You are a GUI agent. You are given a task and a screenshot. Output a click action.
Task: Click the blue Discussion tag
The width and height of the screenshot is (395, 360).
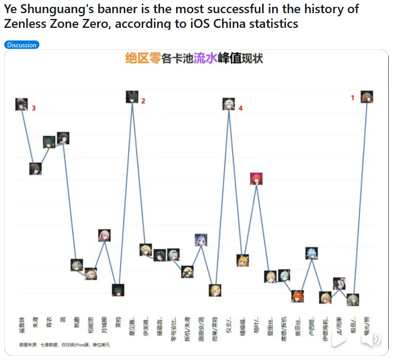[22, 45]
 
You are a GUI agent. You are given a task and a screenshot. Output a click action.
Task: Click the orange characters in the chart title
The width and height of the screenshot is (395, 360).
[142, 58]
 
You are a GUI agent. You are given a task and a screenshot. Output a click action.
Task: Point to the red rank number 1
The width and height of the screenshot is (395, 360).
[353, 97]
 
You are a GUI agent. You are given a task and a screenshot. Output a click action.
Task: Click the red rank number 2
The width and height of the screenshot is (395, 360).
[143, 101]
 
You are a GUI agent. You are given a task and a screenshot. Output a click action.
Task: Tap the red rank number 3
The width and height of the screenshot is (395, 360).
[34, 108]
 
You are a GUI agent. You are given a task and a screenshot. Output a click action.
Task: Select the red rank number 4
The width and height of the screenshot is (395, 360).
[241, 108]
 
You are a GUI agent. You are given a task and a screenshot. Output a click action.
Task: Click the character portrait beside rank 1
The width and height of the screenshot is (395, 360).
[367, 97]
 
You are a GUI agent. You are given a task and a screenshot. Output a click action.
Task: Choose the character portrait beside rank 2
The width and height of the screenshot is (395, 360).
[132, 97]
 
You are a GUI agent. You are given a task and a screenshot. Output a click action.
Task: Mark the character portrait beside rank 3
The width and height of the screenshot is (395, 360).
[22, 104]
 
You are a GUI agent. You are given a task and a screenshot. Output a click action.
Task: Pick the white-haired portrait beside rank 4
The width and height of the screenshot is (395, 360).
[228, 104]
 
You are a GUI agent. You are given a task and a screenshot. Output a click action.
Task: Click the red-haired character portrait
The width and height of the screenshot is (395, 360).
[256, 179]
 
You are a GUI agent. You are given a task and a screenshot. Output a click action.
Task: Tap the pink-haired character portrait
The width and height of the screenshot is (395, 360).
[105, 235]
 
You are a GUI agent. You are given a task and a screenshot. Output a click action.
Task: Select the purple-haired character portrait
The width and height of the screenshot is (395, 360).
[201, 240]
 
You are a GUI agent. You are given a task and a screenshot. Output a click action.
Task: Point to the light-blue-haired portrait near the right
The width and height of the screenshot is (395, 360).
[312, 253]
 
